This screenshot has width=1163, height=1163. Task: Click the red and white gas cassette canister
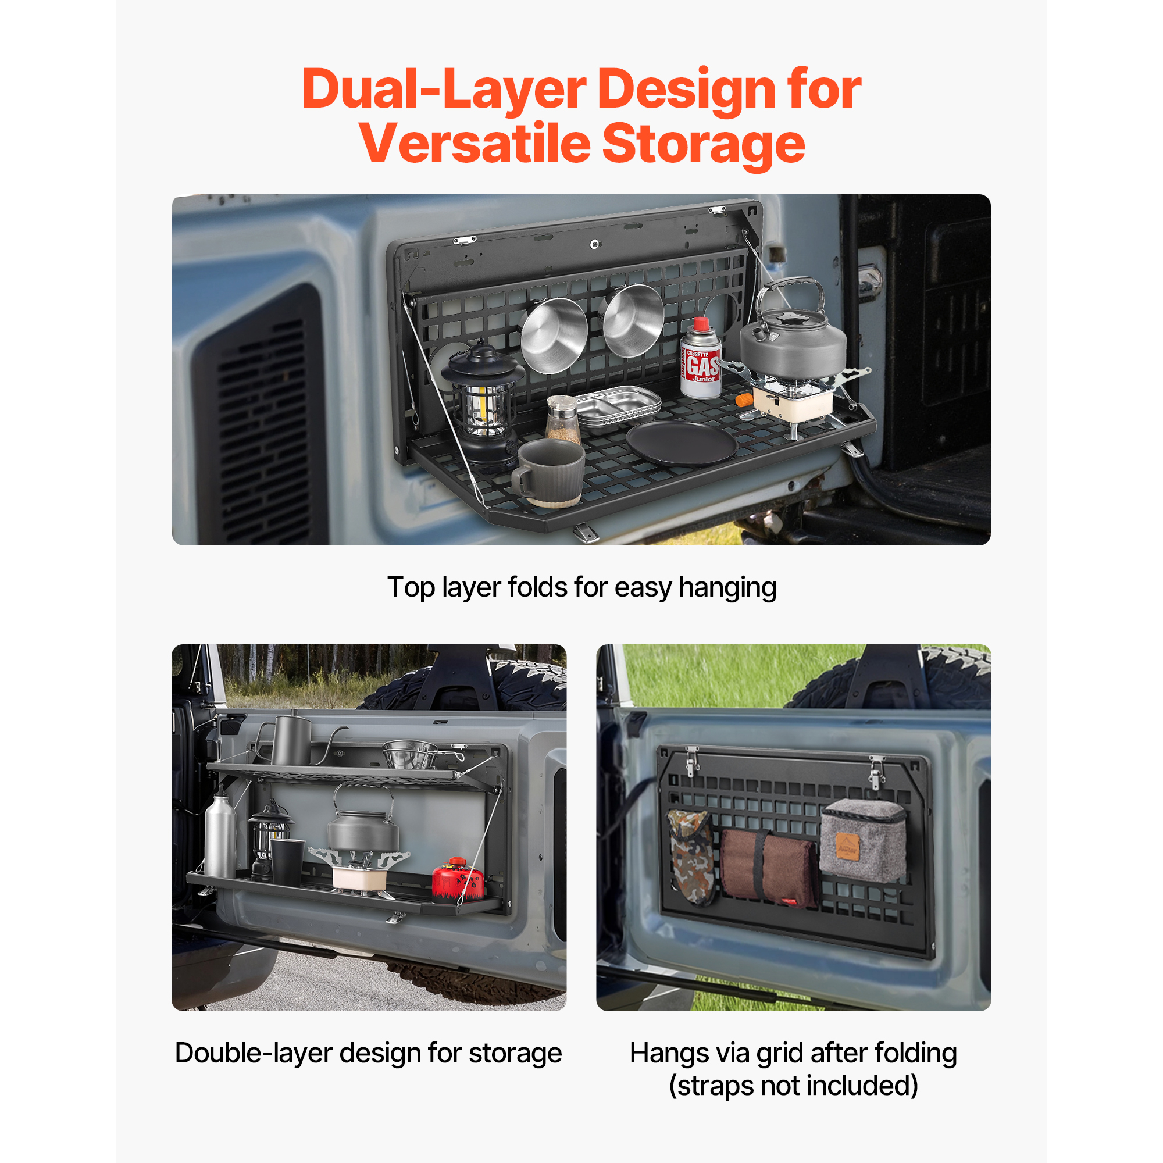tap(701, 359)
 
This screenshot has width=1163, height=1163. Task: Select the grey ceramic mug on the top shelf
tap(548, 473)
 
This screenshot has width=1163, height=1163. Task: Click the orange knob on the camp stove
tap(744, 399)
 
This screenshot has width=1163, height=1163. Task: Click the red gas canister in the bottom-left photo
tap(458, 880)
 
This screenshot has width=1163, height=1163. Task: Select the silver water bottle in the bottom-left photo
tap(220, 833)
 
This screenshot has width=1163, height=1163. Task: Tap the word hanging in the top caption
tap(728, 587)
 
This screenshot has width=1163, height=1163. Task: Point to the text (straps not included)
tap(793, 1086)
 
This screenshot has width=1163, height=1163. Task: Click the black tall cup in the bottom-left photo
tap(287, 862)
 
